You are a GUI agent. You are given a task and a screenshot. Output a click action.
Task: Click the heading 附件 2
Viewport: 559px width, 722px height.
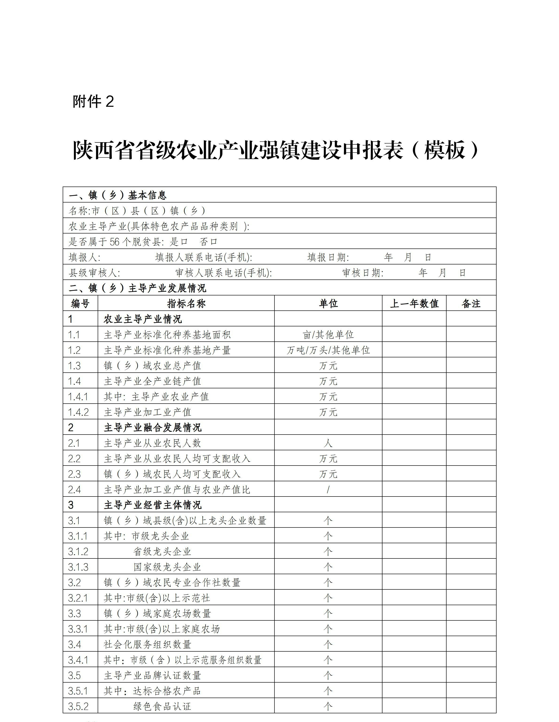click(93, 102)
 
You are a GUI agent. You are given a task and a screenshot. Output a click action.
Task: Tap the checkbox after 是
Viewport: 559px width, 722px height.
click(184, 242)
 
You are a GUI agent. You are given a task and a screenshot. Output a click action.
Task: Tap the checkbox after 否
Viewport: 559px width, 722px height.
click(214, 242)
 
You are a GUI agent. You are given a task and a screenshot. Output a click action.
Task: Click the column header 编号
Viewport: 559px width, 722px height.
click(80, 303)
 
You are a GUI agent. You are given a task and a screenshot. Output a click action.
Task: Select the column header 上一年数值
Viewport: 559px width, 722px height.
click(414, 303)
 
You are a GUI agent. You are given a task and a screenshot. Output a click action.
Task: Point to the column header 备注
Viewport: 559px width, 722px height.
click(471, 303)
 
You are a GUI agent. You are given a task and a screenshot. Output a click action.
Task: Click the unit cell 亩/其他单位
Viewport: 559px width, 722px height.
click(328, 335)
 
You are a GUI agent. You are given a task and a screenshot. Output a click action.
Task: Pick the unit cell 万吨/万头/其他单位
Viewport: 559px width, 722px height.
click(328, 350)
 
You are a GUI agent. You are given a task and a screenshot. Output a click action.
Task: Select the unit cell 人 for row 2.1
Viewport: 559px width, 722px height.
click(328, 443)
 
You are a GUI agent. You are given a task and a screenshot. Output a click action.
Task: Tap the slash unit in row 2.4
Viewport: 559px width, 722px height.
click(328, 490)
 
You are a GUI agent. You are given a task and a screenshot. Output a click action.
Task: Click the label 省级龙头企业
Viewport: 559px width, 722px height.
click(162, 551)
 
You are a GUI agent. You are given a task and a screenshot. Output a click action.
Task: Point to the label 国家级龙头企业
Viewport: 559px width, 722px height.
click(167, 567)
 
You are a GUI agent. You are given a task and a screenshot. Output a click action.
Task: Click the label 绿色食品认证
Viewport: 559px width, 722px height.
click(162, 707)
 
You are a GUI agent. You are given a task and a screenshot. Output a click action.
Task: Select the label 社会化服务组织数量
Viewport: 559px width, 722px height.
click(147, 644)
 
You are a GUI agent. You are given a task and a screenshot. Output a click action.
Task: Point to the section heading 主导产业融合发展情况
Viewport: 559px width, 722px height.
click(152, 428)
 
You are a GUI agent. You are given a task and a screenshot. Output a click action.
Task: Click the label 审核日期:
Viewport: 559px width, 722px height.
click(363, 273)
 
